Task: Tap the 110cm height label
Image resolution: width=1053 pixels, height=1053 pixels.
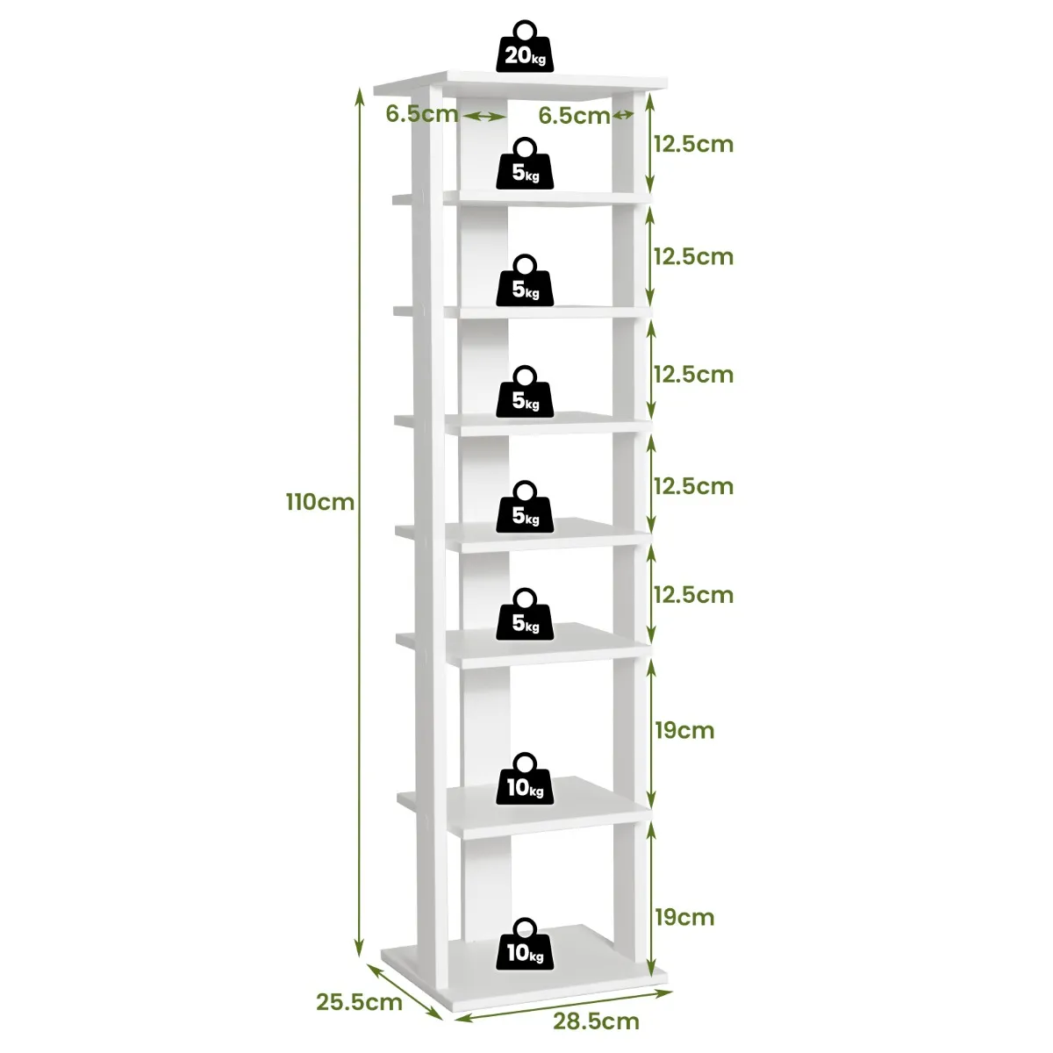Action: [x=319, y=503]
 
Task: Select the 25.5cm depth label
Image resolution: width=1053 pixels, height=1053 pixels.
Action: [x=359, y=1001]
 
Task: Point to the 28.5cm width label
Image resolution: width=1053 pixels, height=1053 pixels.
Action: [x=596, y=1021]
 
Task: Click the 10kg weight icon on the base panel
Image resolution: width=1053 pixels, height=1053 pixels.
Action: [x=525, y=945]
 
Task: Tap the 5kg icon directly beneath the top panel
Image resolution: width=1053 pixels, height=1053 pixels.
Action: [x=525, y=164]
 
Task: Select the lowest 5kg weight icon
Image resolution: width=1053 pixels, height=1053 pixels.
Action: [x=525, y=615]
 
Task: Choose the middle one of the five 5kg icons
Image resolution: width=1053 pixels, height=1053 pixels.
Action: [x=525, y=392]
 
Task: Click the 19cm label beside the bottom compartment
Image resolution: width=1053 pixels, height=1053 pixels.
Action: [x=684, y=917]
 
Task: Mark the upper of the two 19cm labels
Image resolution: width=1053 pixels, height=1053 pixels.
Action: [x=684, y=730]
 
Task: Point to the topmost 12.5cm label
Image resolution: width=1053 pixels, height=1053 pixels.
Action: [x=692, y=144]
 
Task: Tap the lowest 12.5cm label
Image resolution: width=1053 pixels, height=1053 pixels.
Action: [x=692, y=595]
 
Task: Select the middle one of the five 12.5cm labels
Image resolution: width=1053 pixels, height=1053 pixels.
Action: [x=692, y=375]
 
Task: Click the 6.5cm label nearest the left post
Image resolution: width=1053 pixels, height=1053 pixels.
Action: [x=421, y=114]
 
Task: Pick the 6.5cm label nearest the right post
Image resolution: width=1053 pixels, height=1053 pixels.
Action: [x=574, y=116]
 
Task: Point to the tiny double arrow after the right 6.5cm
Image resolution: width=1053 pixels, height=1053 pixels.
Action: [x=623, y=116]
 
